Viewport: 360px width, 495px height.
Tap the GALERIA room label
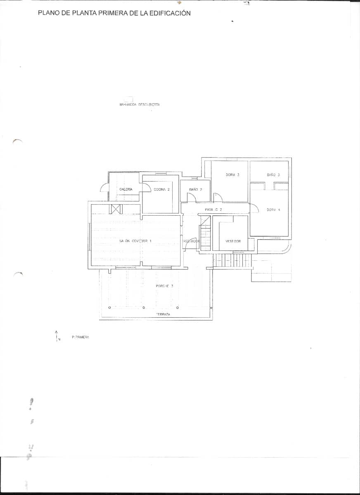coord(126,189)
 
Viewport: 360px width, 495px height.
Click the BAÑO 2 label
coord(195,189)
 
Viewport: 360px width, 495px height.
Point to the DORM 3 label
coord(232,175)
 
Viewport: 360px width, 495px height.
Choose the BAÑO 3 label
coord(273,175)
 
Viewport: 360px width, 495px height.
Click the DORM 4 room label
coord(273,210)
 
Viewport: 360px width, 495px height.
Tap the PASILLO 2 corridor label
coord(213,210)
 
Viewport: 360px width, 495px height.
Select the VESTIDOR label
coord(233,241)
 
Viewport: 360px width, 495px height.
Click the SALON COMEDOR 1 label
coord(135,240)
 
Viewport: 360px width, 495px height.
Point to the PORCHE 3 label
coord(164,286)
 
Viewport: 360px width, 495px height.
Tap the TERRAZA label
coord(163,314)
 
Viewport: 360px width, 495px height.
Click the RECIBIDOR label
coord(191,241)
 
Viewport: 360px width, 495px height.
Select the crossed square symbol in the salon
coord(115,209)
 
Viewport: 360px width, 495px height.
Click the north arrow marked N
coord(57,336)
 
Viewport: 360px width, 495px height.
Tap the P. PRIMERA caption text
coord(80,337)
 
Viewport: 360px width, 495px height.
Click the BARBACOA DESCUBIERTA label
coord(139,105)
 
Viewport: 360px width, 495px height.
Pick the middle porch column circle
coord(144,307)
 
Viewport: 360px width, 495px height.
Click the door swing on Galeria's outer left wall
coord(104,188)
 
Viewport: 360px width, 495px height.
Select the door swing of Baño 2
coord(191,197)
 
